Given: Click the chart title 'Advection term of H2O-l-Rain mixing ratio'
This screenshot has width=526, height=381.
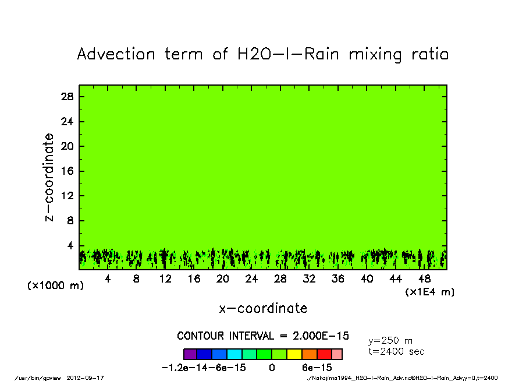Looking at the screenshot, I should coord(263,55).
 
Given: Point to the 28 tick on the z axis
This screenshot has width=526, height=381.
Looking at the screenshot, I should coord(67,97).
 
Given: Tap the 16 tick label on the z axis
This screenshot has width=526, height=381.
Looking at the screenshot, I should coord(67,171).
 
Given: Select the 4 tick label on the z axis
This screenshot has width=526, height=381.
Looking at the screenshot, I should coord(70,246).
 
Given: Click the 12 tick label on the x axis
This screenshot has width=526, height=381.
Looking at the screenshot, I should coord(165,279).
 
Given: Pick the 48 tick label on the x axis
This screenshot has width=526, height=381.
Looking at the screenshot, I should coord(424,279).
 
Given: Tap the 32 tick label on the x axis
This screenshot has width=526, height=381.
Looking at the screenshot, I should coord(309,279).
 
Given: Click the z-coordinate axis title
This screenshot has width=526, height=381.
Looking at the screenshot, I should coord(50,177).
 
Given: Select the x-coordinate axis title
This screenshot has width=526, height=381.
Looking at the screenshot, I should coord(263,308).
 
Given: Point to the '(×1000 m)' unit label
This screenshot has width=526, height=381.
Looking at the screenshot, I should coord(52,286).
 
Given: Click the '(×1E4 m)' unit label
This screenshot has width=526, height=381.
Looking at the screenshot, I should coord(430,292).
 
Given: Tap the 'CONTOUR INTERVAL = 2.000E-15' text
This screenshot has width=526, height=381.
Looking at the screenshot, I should coord(263,336).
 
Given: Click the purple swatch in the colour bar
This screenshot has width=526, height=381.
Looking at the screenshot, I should coord(190,354).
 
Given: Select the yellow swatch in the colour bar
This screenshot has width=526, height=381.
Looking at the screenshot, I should coord(294,354).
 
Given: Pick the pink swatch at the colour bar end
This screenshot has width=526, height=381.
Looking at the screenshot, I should coord(337,354).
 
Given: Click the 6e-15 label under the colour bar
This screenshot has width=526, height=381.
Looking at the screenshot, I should coord(317,368).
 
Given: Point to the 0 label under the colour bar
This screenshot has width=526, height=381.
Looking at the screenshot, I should coord(272,368).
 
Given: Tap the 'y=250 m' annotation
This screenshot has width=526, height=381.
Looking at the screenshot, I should coord(391,341).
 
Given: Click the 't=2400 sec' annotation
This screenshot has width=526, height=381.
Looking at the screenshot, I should coord(397,351).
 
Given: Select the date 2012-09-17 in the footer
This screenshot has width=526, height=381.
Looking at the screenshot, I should coord(90,378).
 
